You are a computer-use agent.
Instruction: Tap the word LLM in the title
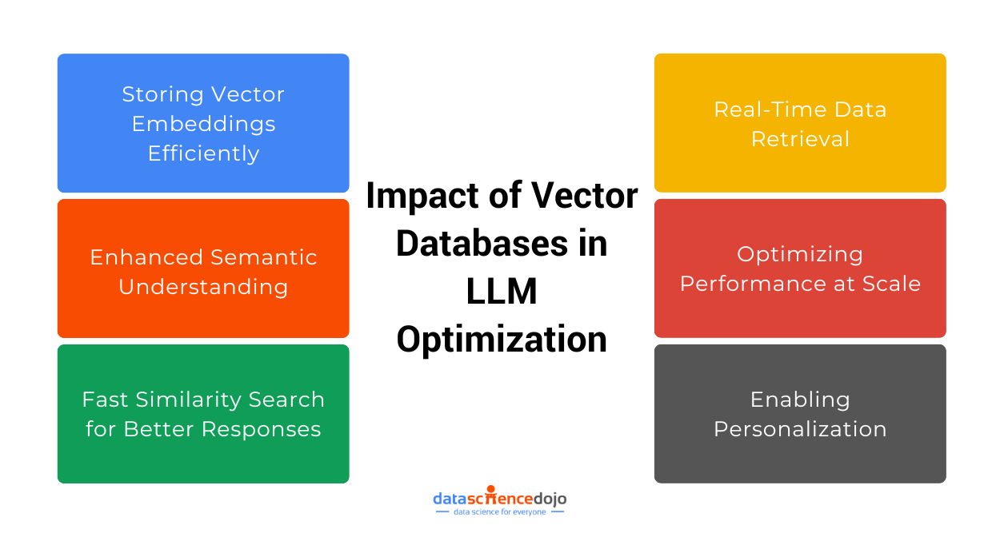click(x=502, y=292)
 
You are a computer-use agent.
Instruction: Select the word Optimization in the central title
click(x=502, y=340)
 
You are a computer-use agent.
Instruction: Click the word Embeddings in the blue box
click(x=203, y=124)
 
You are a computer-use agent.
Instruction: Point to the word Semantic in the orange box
click(x=262, y=257)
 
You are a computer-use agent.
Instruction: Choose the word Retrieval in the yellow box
click(x=800, y=139)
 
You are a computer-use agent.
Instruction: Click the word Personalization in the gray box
click(x=800, y=429)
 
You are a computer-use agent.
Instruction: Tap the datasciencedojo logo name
click(x=500, y=498)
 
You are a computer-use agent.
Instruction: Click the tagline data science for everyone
click(x=499, y=512)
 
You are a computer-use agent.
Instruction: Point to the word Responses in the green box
click(x=262, y=429)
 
